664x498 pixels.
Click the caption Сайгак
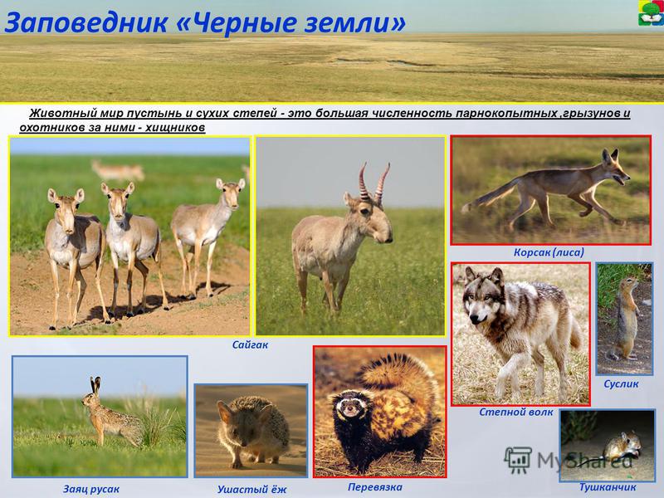pos(250,344)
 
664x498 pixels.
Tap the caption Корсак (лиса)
pos(549,252)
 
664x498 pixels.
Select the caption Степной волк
pos(516,412)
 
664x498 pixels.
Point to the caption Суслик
pos(621,384)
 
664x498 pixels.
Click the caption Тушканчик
pos(608,487)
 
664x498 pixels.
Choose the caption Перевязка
pos(375,487)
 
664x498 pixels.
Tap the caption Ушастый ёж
pos(252,490)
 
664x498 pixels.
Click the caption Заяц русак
pos(91,490)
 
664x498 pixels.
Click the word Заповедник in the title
pos(86,23)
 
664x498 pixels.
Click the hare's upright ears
pos(95,384)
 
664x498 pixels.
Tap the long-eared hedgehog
pos(253,430)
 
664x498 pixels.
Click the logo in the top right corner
pos(651,13)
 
